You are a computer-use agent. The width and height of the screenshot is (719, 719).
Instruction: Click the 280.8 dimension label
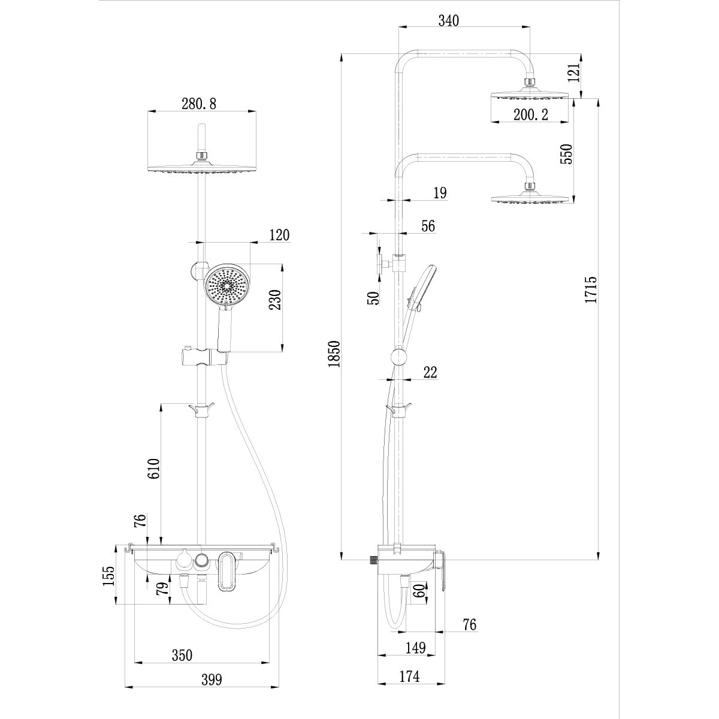199,103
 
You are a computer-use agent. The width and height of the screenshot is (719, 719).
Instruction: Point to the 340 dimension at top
448,20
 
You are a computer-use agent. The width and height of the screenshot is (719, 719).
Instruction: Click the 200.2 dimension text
530,115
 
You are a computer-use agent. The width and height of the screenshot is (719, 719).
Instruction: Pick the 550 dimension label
567,153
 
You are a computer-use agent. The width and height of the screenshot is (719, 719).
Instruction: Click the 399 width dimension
211,679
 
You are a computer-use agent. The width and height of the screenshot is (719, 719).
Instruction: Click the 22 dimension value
430,372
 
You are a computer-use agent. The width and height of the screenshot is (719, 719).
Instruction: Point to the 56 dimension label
428,225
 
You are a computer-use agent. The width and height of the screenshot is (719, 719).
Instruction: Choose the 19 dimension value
440,192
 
